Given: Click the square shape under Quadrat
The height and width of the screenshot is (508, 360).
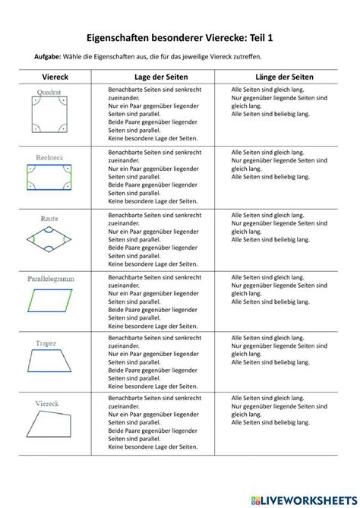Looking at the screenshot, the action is [51, 118].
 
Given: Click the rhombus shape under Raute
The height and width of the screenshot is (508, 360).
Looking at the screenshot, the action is [52, 241].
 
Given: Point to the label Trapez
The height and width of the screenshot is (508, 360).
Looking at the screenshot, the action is [47, 343].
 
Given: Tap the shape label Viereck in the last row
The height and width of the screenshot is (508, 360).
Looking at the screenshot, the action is [47, 403].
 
